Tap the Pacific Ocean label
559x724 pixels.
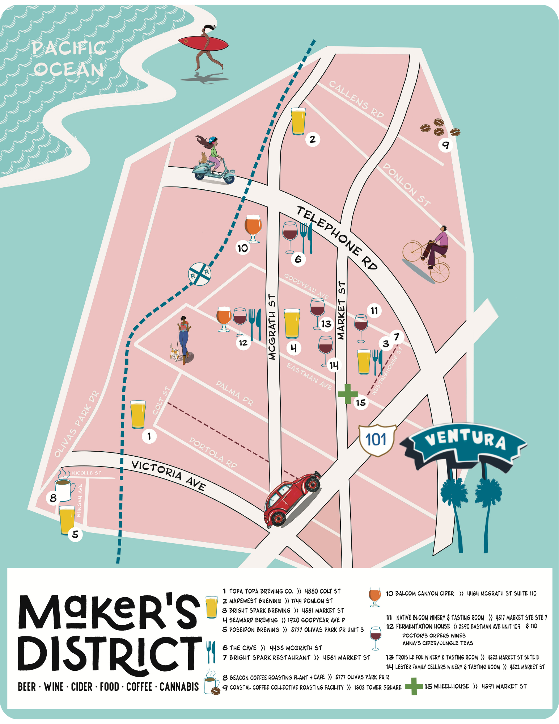click(x=69, y=59)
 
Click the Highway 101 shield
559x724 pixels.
click(x=376, y=440)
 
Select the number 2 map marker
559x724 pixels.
click(x=313, y=139)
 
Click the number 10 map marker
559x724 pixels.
click(x=243, y=248)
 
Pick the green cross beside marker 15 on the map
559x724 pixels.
click(x=347, y=394)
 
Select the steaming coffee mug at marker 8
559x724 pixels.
click(x=64, y=489)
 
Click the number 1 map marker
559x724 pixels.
click(x=149, y=436)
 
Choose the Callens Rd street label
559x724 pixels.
click(x=356, y=99)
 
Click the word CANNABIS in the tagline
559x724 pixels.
click(x=179, y=687)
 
